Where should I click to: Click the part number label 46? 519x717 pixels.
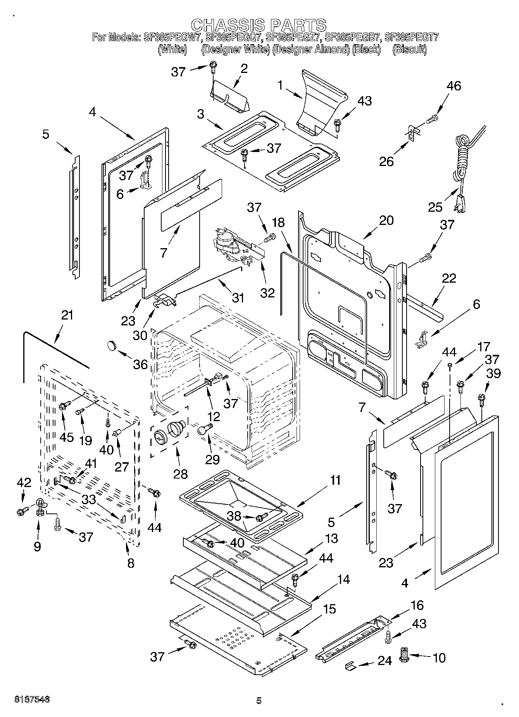(454, 86)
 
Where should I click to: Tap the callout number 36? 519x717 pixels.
(140, 364)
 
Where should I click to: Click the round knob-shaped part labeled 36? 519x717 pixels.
(112, 344)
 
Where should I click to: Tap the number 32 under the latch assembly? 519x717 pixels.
(267, 292)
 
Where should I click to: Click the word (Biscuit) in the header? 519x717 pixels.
(409, 50)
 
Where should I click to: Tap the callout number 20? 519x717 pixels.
(386, 220)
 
